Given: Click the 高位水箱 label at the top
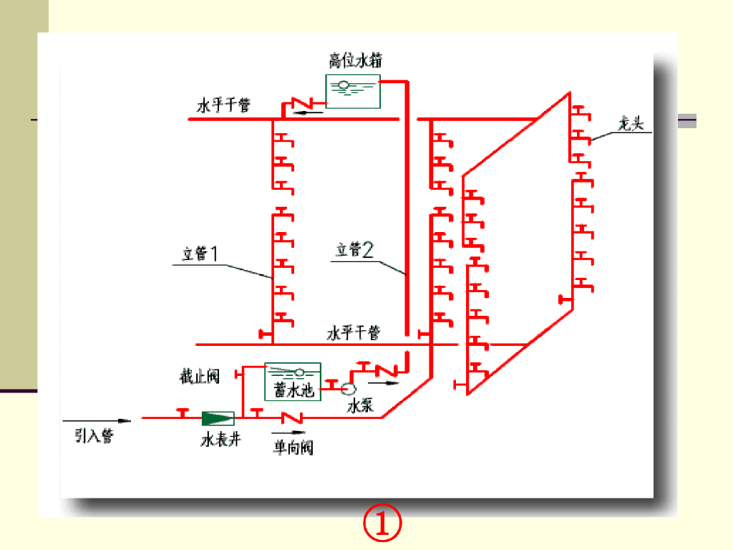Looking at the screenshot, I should tap(351, 60).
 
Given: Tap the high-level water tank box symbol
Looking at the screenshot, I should tap(353, 90).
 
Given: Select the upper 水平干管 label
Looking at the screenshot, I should tap(224, 106).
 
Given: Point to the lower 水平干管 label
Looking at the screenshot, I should tap(354, 333).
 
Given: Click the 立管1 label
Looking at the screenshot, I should tap(200, 254).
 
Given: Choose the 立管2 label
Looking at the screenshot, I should tap(355, 249).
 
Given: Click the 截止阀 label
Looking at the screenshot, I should tap(200, 376).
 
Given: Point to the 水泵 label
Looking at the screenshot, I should tap(360, 406).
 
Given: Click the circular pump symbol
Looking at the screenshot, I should tap(349, 388).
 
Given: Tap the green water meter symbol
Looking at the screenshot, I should tap(218, 417).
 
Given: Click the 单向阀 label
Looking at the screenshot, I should tap(293, 448).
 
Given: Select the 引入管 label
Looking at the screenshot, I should tap(94, 435).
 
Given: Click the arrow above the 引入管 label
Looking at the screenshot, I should tap(97, 420).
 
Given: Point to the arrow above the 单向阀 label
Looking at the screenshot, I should tap(288, 433).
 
